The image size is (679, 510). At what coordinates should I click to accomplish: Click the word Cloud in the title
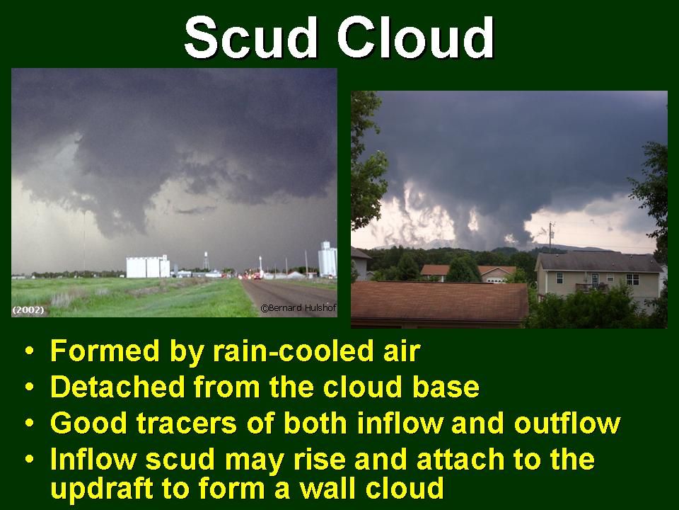point(415,37)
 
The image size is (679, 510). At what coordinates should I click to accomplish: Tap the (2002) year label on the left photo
point(28,310)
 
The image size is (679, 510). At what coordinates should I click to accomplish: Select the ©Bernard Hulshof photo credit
point(298,308)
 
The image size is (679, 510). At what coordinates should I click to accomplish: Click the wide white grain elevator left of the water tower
point(148,267)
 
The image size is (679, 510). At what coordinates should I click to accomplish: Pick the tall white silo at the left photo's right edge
point(327,259)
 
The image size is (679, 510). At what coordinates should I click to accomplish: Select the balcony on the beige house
point(591,287)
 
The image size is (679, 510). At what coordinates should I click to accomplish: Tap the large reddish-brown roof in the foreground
point(439,302)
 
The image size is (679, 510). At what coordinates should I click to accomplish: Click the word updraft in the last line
point(102,488)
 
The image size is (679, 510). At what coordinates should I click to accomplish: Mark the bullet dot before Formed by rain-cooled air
point(29,351)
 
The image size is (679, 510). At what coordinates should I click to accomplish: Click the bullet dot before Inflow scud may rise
point(29,459)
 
